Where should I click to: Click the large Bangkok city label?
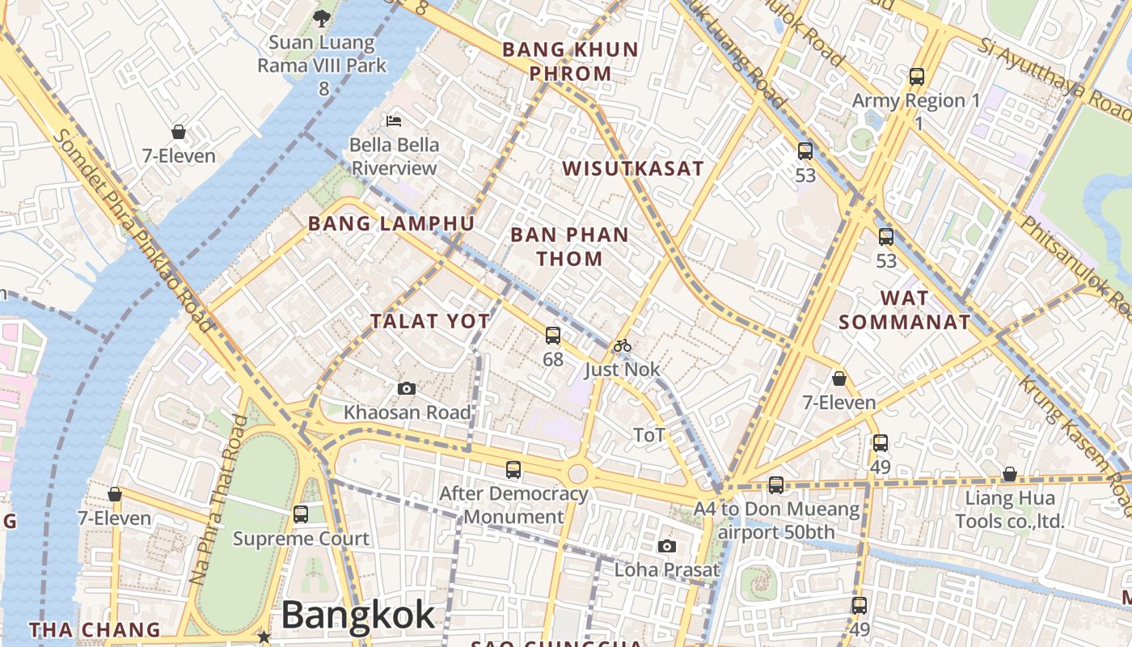pyautogui.click(x=358, y=615)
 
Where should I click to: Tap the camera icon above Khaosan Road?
pyautogui.click(x=407, y=389)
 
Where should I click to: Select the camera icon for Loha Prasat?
pyautogui.click(x=667, y=547)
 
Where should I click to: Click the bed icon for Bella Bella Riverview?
pyautogui.click(x=394, y=121)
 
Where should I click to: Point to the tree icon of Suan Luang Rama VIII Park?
pyautogui.click(x=322, y=18)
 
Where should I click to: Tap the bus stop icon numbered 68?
pyautogui.click(x=553, y=335)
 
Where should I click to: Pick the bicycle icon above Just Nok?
pyautogui.click(x=622, y=346)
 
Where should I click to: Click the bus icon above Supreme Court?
pyautogui.click(x=301, y=514)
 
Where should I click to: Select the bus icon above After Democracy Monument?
pyautogui.click(x=513, y=469)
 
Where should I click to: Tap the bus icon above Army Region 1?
pyautogui.click(x=917, y=77)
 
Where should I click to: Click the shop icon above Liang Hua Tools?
pyautogui.click(x=1009, y=474)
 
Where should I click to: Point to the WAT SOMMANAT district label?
pyautogui.click(x=904, y=310)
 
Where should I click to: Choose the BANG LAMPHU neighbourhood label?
pyautogui.click(x=391, y=223)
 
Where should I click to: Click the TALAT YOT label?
pyautogui.click(x=430, y=321)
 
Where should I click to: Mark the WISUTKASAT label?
pyautogui.click(x=633, y=168)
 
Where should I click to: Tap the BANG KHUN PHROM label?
pyautogui.click(x=570, y=61)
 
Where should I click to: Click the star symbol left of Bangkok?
pyautogui.click(x=264, y=637)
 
